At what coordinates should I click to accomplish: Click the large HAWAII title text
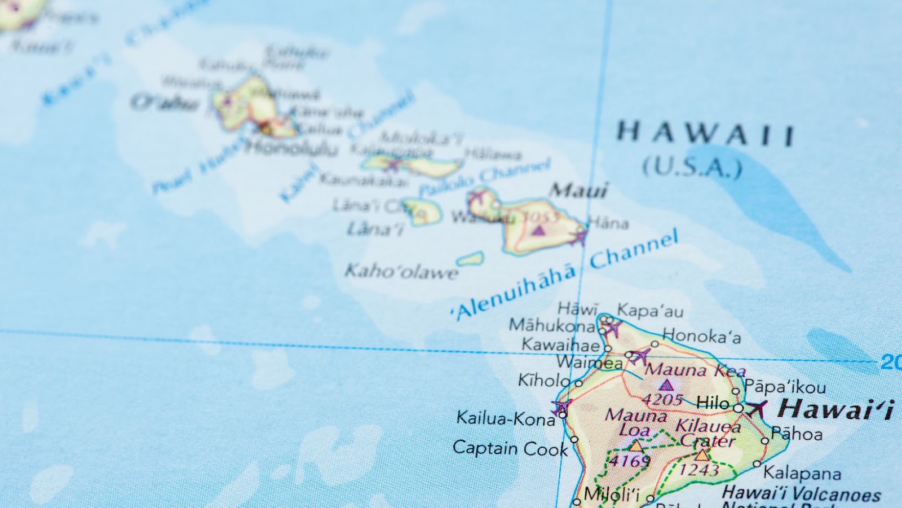click(705, 134)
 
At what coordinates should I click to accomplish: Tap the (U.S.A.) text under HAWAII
click(692, 167)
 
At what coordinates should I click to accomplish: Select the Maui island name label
click(580, 190)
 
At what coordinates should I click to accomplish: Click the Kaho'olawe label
click(401, 271)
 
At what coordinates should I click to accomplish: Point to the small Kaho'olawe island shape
click(470, 259)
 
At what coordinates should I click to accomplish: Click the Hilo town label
click(713, 403)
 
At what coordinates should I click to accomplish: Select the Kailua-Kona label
click(506, 418)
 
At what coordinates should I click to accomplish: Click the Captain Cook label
click(510, 448)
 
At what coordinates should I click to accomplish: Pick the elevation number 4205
click(663, 399)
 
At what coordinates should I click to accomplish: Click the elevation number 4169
click(630, 461)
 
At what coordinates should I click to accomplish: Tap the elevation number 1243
click(699, 470)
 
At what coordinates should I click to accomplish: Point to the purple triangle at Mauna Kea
click(666, 386)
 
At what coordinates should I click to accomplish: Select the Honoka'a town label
click(701, 337)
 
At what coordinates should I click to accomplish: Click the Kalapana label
click(802, 473)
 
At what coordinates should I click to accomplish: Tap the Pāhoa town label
click(797, 434)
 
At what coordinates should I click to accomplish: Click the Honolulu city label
click(291, 148)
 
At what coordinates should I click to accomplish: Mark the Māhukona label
click(551, 325)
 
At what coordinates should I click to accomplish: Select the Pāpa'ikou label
click(785, 387)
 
